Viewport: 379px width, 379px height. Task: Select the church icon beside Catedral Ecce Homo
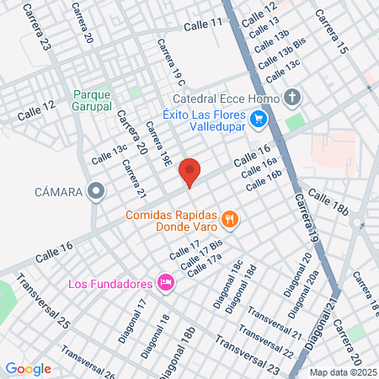(x=291, y=97)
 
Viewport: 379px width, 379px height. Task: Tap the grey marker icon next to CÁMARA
(x=97, y=192)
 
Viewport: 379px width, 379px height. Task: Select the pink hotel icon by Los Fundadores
(x=166, y=281)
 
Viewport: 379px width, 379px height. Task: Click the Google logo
(x=28, y=368)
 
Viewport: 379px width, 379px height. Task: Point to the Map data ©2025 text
(x=342, y=372)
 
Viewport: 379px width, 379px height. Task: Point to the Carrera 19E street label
(x=159, y=146)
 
